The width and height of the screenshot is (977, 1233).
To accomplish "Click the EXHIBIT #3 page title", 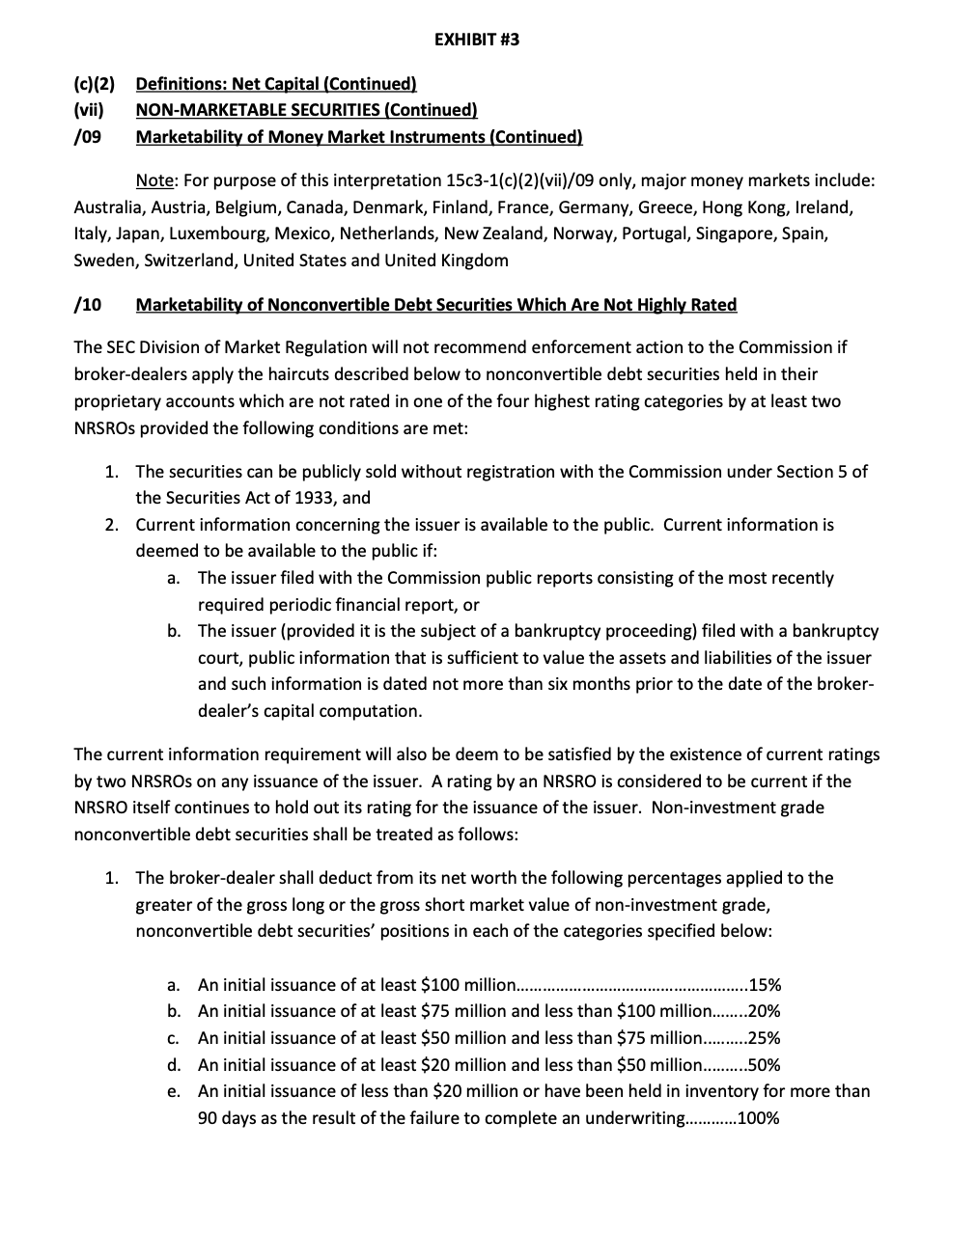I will point(476,40).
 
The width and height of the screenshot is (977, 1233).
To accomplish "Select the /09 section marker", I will point(88,137).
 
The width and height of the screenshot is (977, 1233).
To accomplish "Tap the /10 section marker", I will point(88,305).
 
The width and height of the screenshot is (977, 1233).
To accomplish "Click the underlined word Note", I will point(153,181).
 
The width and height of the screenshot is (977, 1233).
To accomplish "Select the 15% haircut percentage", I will point(765,985).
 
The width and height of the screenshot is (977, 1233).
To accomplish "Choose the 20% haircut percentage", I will point(765,1011).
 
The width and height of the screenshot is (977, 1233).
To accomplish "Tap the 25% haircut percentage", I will point(765,1038).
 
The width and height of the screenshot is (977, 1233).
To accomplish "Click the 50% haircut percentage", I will point(765,1065).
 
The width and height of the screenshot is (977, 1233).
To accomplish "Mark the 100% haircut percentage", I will point(758,1119).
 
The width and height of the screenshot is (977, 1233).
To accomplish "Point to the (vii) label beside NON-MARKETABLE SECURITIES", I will point(89,110).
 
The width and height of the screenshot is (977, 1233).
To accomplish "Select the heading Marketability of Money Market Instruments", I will point(358,137).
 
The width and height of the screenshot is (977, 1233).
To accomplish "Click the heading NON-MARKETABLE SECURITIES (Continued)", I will point(306,110).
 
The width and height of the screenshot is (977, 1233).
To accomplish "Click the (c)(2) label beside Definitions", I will point(94,84).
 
